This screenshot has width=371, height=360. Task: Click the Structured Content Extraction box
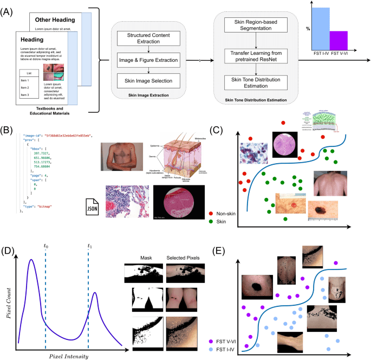pos(149,38)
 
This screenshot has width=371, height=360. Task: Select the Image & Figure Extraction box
pos(149,60)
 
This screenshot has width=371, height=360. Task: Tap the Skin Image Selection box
pos(149,81)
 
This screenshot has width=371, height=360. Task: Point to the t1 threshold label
pos(90,246)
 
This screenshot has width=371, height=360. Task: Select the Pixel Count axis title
pos(8,301)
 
